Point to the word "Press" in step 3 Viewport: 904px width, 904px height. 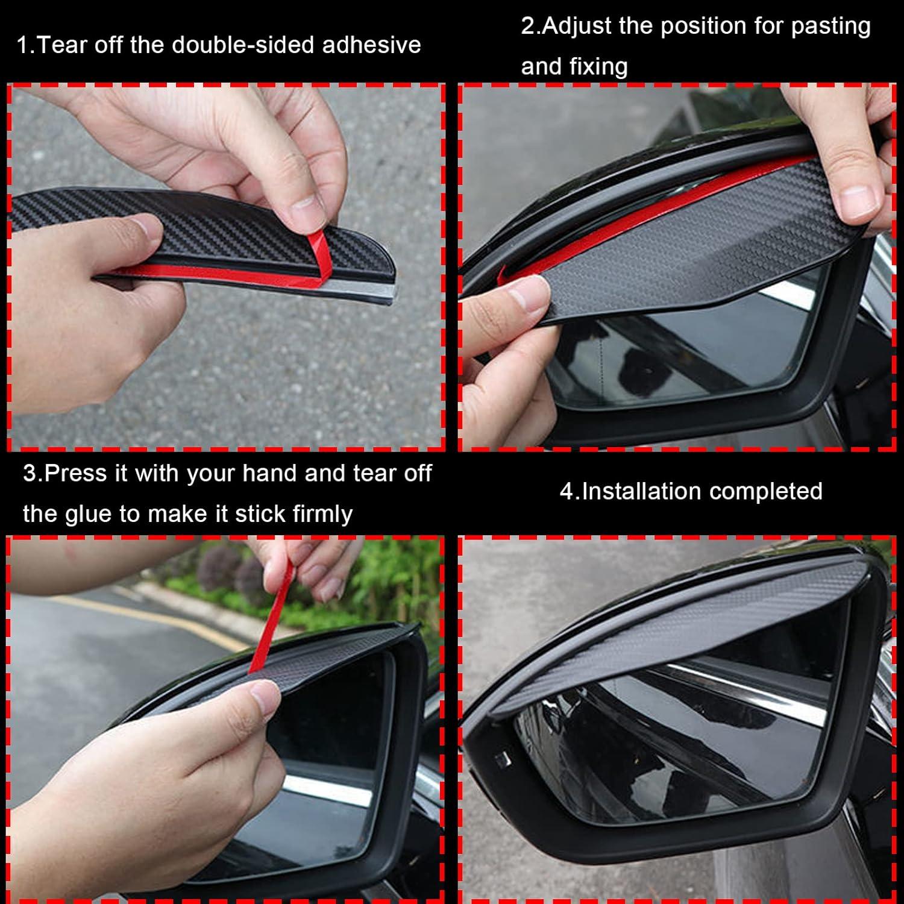77,473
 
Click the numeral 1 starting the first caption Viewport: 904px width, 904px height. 23,45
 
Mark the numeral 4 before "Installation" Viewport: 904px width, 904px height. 567,491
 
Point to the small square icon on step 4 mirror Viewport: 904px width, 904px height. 502,758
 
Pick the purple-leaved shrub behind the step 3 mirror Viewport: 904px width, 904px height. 217,567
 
